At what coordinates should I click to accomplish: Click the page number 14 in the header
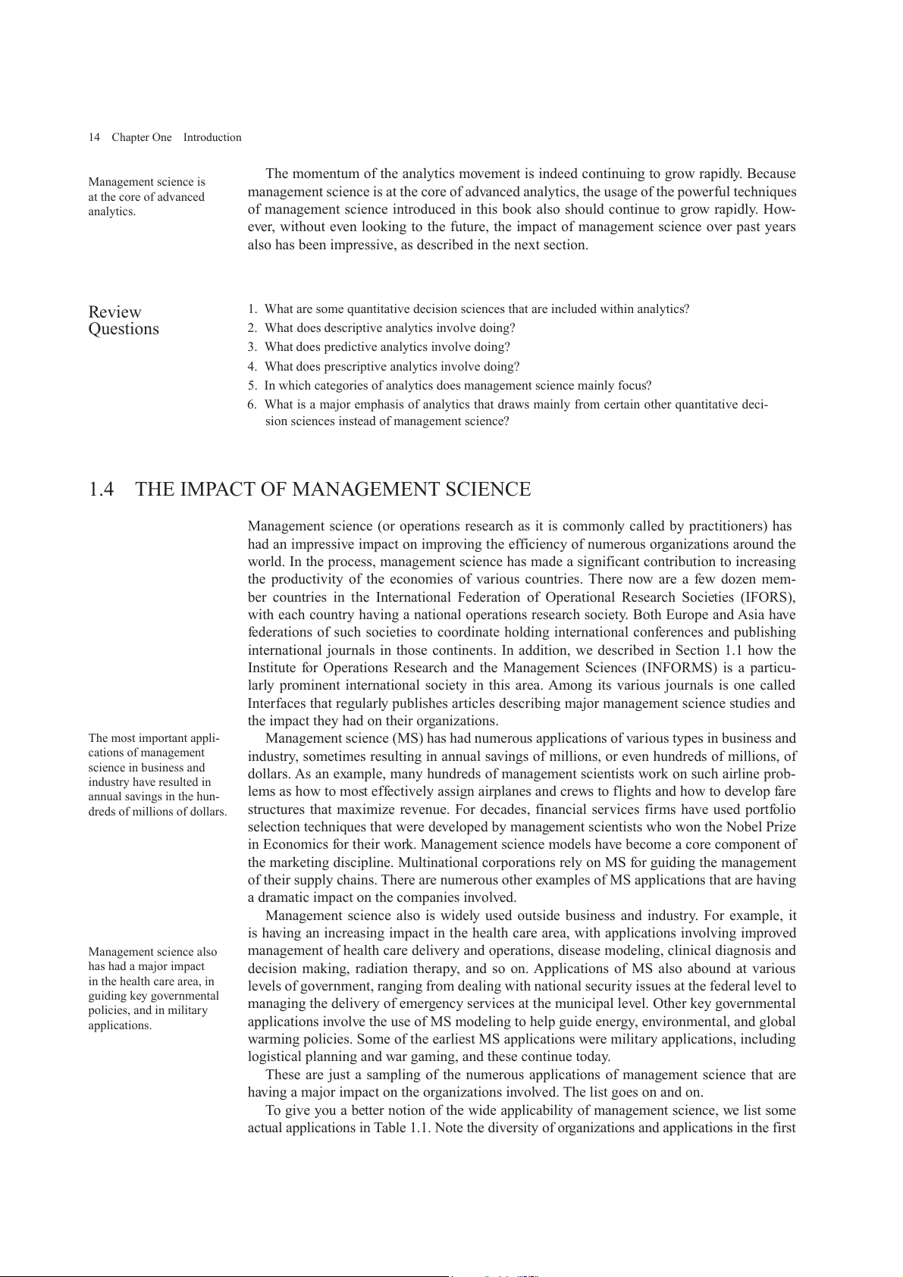94,137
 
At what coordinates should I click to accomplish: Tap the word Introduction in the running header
212,137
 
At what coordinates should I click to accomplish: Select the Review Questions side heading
124,321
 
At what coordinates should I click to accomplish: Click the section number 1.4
102,490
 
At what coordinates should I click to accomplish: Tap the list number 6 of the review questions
252,405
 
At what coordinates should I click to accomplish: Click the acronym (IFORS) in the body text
767,597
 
